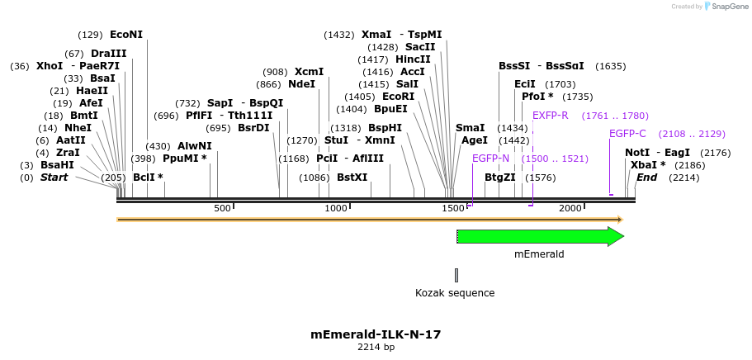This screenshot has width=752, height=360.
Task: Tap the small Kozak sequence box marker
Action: pyautogui.click(x=456, y=275)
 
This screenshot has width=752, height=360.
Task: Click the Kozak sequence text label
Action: pyautogui.click(x=455, y=293)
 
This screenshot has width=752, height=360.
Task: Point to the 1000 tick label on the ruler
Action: pyautogui.click(x=336, y=208)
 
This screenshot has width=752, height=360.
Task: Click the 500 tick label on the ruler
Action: pyautogui.click(x=222, y=208)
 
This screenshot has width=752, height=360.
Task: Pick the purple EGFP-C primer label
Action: pyautogui.click(x=627, y=134)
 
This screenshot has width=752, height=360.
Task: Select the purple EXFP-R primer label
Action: pyautogui.click(x=550, y=116)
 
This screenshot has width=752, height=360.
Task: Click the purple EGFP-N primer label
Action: pyautogui.click(x=490, y=159)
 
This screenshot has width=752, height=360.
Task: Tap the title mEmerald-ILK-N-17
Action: pyautogui.click(x=376, y=334)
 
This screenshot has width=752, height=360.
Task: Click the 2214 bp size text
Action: pyautogui.click(x=376, y=348)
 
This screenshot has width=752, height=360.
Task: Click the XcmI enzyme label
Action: pyautogui.click(x=309, y=72)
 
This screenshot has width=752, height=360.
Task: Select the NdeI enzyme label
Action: pyautogui.click(x=302, y=84)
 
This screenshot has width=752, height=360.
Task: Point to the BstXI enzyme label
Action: pyautogui.click(x=352, y=178)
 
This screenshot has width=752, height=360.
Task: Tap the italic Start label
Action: pyautogui.click(x=54, y=178)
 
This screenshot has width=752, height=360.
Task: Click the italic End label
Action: pyautogui.click(x=646, y=178)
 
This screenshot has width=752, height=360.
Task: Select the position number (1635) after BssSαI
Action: pyautogui.click(x=611, y=66)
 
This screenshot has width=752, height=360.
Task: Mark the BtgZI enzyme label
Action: pyautogui.click(x=499, y=178)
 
